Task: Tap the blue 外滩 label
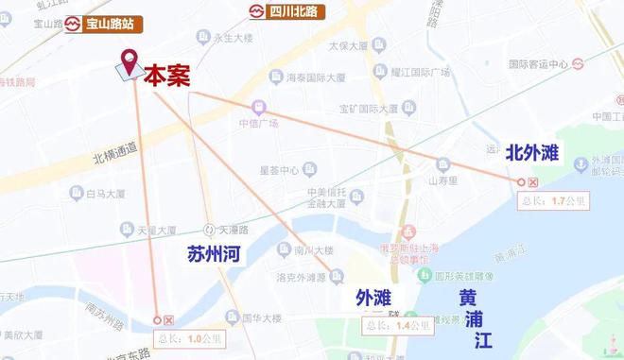tap(373, 299)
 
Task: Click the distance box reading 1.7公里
tap(555, 200)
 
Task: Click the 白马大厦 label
tap(105, 195)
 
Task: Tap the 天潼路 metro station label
tap(230, 230)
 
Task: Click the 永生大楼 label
tap(228, 39)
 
